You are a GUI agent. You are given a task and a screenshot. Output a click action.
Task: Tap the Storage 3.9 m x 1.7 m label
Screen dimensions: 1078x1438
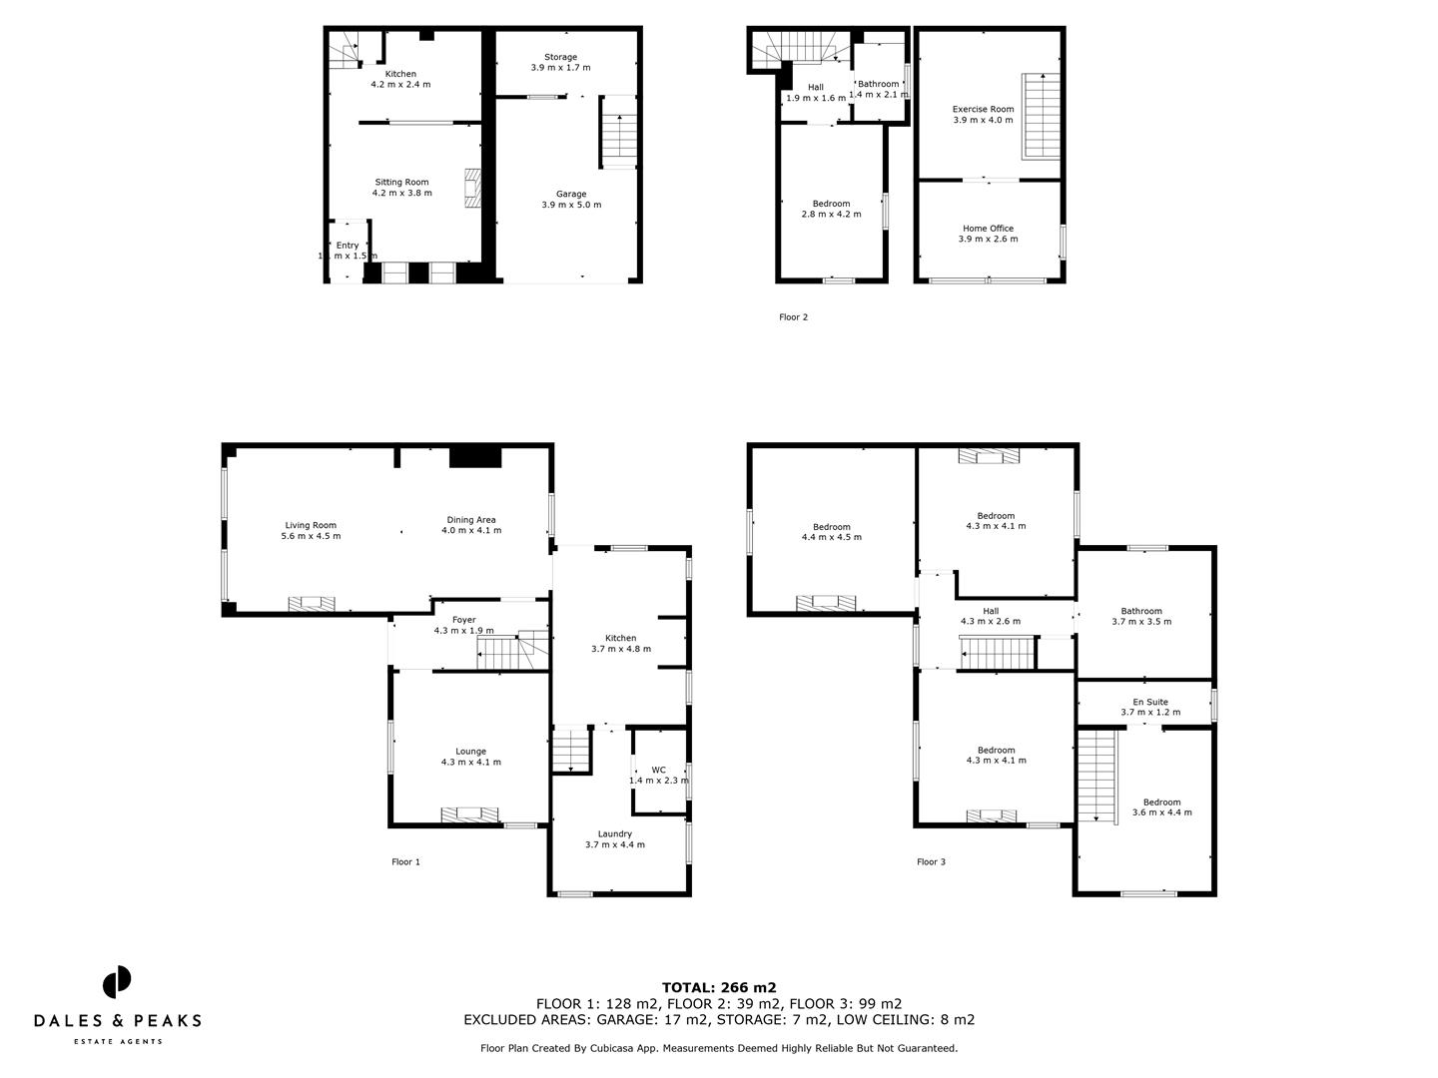(x=560, y=63)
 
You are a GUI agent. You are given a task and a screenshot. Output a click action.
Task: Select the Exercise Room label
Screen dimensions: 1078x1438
(x=983, y=115)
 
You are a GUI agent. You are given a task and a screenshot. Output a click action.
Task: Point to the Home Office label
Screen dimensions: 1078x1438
(x=988, y=234)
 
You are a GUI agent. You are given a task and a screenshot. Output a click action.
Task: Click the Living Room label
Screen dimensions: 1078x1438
(x=311, y=530)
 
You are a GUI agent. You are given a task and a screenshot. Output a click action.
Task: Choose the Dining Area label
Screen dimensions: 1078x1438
(x=471, y=525)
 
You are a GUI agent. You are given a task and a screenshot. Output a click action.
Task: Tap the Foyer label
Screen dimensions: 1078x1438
(x=463, y=625)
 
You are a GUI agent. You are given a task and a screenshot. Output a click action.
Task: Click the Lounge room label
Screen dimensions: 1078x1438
(x=470, y=757)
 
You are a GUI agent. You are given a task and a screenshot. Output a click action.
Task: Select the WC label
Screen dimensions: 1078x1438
(x=658, y=775)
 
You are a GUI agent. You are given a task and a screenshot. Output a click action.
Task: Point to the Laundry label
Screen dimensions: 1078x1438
(x=614, y=839)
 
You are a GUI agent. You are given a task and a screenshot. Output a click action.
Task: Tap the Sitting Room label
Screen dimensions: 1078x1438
(x=401, y=188)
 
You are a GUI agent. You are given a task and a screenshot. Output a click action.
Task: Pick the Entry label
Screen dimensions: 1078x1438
(x=348, y=251)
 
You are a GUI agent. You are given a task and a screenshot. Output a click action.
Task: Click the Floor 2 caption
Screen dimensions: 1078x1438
(x=793, y=317)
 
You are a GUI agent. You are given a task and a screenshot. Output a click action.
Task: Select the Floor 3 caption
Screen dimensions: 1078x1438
(x=931, y=861)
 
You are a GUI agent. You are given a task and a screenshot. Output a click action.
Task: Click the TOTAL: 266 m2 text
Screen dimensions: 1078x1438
(x=719, y=988)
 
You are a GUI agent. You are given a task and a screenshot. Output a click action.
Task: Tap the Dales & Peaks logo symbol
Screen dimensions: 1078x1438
(x=117, y=982)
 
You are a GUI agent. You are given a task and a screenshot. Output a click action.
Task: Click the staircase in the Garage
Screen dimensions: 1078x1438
(x=619, y=132)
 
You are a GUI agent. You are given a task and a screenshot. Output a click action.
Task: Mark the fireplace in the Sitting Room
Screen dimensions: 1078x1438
(x=472, y=188)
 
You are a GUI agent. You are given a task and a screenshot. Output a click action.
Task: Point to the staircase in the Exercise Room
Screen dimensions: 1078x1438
(x=1041, y=116)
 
